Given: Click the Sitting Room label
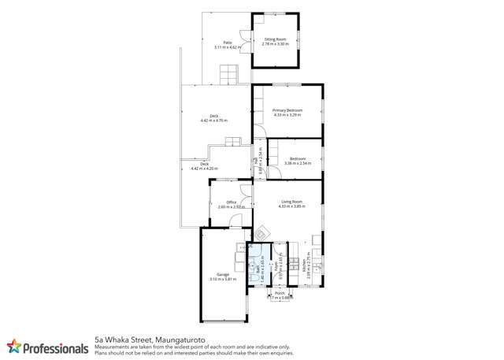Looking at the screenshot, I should tap(275, 39).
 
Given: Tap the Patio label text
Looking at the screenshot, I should tap(227, 43).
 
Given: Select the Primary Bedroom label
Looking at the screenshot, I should tap(287, 110).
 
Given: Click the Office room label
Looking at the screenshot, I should tap(232, 202).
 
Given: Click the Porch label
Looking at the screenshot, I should tap(280, 293).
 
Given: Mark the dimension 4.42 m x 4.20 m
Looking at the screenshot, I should tap(204, 169).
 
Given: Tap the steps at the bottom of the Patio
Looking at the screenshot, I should tap(228, 76).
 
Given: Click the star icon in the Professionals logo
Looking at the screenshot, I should tap(13, 346).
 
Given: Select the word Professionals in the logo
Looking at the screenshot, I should tap(55, 347).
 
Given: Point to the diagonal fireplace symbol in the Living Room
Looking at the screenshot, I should tap(263, 232).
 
